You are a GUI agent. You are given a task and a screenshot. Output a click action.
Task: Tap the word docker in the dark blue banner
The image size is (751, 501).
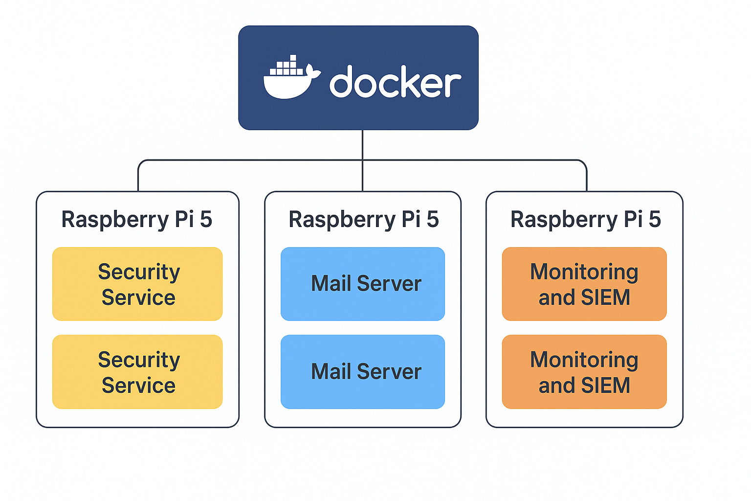click(x=395, y=82)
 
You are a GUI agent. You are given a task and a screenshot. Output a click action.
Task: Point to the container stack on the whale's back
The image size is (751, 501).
click(x=287, y=67)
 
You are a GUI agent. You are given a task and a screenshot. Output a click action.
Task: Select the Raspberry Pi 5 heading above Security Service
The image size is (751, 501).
click(x=137, y=219)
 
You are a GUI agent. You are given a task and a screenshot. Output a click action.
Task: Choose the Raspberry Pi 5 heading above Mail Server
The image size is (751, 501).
click(x=363, y=219)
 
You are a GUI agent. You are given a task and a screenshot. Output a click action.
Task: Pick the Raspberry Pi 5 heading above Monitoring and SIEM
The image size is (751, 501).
click(x=585, y=219)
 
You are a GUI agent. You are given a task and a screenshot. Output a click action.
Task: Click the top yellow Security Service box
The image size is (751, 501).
click(x=137, y=284)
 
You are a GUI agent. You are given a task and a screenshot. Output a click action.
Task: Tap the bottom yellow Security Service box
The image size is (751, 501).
click(x=137, y=372)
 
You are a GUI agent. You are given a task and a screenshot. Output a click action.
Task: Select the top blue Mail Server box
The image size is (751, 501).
click(x=363, y=284)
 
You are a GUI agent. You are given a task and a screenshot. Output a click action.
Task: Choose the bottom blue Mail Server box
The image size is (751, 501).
click(x=363, y=372)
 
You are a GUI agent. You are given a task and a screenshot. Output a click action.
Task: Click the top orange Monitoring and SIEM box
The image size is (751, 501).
click(x=584, y=284)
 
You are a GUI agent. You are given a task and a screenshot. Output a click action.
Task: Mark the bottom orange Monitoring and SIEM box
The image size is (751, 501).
click(x=584, y=372)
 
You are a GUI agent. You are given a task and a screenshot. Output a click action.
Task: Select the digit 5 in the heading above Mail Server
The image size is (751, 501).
click(x=432, y=219)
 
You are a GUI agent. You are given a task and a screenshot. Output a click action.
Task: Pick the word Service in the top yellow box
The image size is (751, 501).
click(x=138, y=297)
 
